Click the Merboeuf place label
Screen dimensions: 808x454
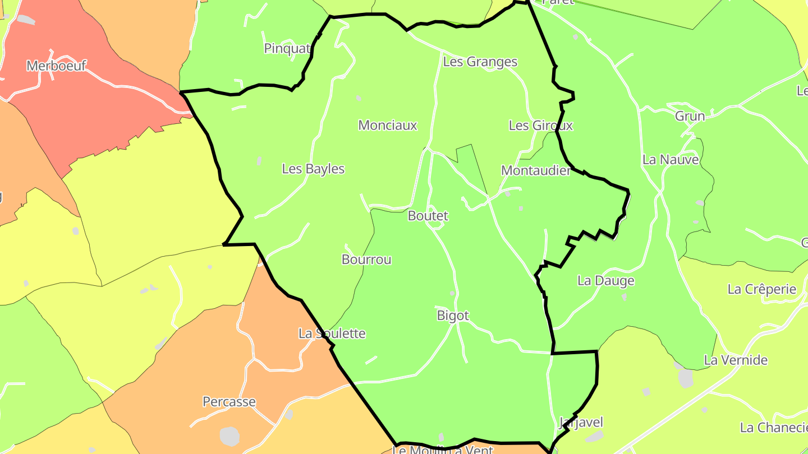click(x=56, y=66)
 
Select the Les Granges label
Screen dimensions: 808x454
click(x=480, y=62)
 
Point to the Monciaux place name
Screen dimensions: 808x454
click(x=388, y=126)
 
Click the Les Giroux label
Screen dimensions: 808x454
click(x=540, y=126)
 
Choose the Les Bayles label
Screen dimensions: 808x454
click(x=313, y=169)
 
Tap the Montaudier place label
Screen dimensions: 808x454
click(x=535, y=171)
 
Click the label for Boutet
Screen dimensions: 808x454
click(x=428, y=216)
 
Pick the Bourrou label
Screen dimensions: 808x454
click(x=366, y=260)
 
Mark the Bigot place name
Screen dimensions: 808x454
click(x=452, y=316)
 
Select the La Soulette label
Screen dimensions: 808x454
click(x=332, y=334)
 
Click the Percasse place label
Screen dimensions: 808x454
click(x=229, y=402)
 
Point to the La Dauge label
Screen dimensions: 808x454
click(x=605, y=281)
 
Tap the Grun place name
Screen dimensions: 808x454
click(x=690, y=117)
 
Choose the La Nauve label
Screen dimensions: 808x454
click(x=671, y=160)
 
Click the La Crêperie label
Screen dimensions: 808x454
click(x=761, y=290)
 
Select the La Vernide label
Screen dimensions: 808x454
click(x=736, y=360)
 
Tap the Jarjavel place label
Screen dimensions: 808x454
click(x=581, y=423)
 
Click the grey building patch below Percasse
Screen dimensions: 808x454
click(x=229, y=436)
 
